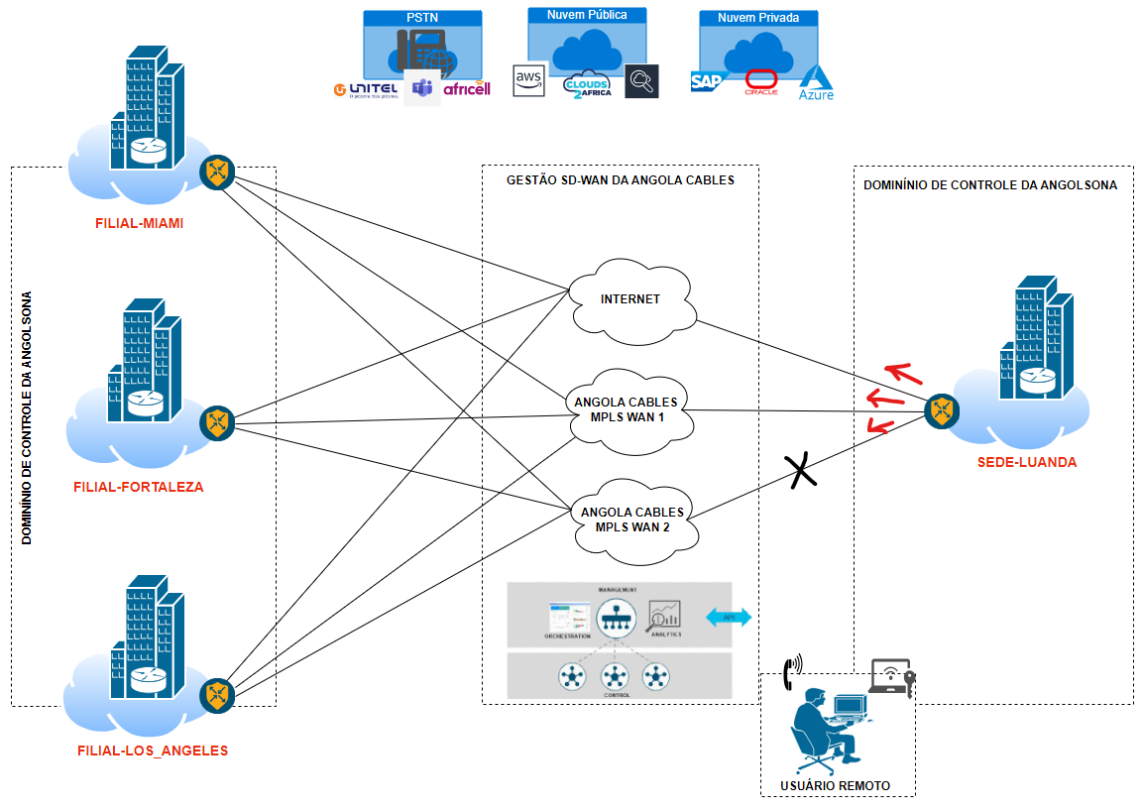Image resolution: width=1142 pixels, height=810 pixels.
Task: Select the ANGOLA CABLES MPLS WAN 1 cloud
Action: click(x=626, y=409)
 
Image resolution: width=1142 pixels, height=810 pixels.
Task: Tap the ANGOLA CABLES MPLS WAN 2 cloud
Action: click(x=631, y=520)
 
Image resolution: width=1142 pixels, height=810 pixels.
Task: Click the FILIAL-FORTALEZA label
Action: click(x=138, y=488)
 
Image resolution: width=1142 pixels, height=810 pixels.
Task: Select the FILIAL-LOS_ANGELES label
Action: click(x=153, y=751)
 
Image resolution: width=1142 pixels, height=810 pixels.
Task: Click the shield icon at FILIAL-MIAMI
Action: click(x=216, y=172)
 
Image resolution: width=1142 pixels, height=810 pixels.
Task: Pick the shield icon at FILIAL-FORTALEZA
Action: click(x=216, y=423)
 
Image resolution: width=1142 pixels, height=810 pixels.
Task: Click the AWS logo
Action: click(x=529, y=80)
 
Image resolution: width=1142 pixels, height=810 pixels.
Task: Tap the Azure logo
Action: click(x=817, y=82)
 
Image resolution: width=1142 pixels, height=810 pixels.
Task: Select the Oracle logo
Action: click(x=761, y=82)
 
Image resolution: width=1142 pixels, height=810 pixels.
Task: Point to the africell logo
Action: click(x=467, y=89)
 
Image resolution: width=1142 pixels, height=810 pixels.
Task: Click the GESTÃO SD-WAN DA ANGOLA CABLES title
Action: click(x=620, y=180)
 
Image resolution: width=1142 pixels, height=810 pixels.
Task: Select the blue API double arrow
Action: click(x=729, y=617)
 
